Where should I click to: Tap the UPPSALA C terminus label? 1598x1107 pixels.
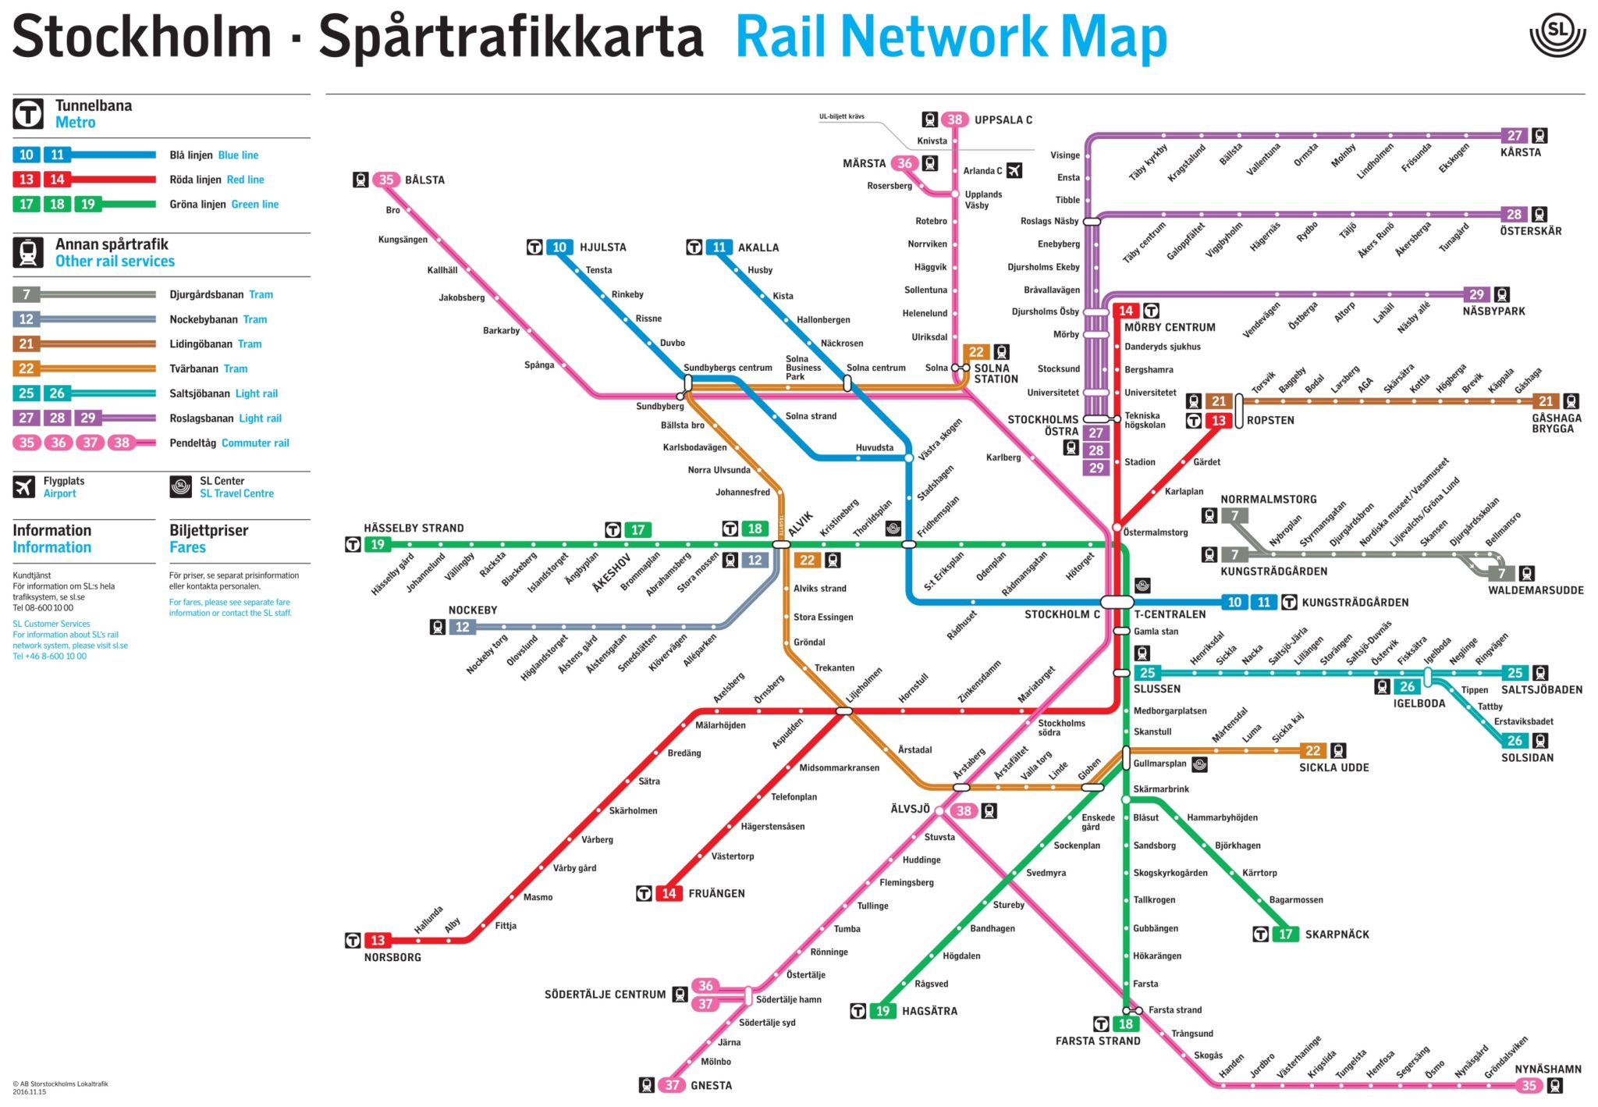tap(1003, 119)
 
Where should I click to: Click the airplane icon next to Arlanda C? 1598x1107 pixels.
tap(1014, 170)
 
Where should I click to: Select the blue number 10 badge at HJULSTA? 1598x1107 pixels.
tap(559, 247)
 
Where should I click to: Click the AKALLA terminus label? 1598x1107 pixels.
tap(758, 247)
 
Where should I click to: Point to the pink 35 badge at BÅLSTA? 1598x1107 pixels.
tap(386, 180)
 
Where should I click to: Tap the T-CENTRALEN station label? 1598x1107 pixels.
tap(1169, 614)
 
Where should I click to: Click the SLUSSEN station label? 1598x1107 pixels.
tap(1156, 689)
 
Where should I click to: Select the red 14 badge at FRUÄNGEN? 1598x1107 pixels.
tap(669, 893)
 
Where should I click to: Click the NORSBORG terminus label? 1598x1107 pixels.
tap(392, 957)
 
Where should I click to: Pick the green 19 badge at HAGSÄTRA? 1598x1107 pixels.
tap(882, 1011)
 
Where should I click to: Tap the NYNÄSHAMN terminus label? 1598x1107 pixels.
tap(1548, 1069)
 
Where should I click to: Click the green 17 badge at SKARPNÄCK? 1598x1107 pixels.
tap(1285, 934)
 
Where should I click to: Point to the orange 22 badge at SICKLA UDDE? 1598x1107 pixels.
tap(1313, 751)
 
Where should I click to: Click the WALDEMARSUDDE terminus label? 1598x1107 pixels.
tap(1535, 590)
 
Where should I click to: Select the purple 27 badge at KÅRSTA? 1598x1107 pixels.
tap(1515, 135)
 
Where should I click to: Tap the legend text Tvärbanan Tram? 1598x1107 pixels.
tap(208, 368)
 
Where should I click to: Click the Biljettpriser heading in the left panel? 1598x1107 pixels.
tap(208, 530)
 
